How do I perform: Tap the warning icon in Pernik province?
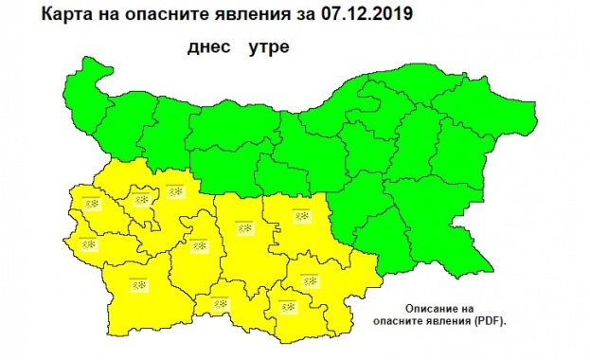click(91, 205)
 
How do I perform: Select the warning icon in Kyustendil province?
click(89, 243)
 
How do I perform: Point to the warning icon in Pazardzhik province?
click(199, 247)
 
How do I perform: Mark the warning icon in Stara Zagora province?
click(302, 217)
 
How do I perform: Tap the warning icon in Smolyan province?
click(221, 304)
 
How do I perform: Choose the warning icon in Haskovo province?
click(307, 280)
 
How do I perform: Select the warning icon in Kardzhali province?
click(287, 306)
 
